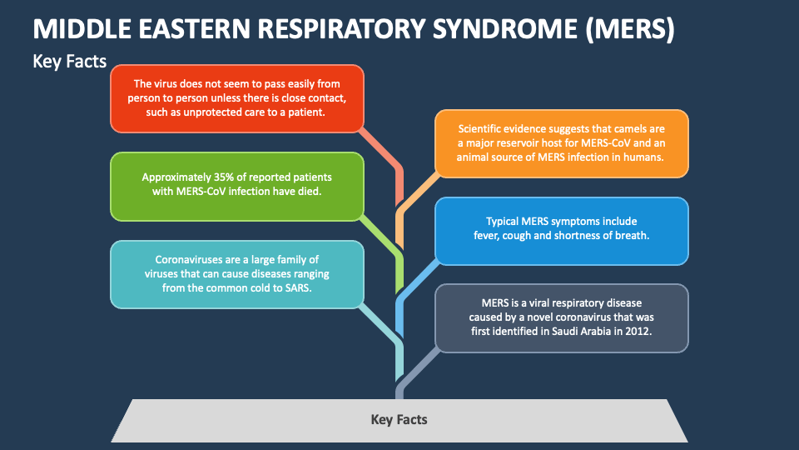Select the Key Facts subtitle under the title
[69, 61]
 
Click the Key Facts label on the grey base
[399, 419]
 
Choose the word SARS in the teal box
[295, 287]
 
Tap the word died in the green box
[309, 192]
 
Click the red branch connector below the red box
[385, 155]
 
